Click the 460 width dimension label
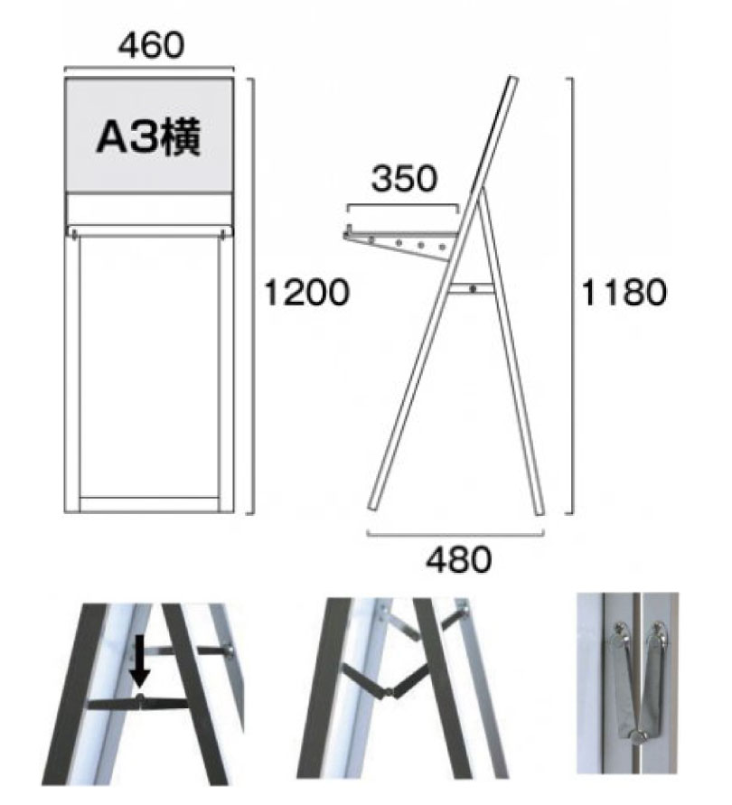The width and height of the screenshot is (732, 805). pyautogui.click(x=151, y=45)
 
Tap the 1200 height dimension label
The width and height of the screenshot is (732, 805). pyautogui.click(x=306, y=293)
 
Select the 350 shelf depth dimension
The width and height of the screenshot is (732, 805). pyautogui.click(x=404, y=179)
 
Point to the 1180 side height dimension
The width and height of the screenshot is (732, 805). pyautogui.click(x=624, y=293)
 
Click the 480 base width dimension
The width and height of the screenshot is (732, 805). pyautogui.click(x=458, y=559)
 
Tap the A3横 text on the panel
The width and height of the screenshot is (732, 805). pyautogui.click(x=148, y=137)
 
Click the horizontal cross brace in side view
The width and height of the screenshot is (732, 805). pyautogui.click(x=472, y=289)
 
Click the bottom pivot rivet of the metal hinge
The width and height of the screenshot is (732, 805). pyautogui.click(x=639, y=737)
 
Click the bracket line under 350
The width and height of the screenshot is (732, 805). pyautogui.click(x=403, y=205)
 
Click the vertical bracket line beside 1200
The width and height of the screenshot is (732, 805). pyautogui.click(x=253, y=295)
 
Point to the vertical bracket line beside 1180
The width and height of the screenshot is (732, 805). pyautogui.click(x=572, y=295)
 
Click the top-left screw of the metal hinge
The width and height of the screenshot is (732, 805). pyautogui.click(x=620, y=629)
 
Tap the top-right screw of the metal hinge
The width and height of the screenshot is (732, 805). pyautogui.click(x=659, y=629)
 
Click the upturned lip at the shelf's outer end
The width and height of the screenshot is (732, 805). pyautogui.click(x=349, y=231)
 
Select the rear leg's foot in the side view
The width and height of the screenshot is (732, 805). pyautogui.click(x=539, y=511)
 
